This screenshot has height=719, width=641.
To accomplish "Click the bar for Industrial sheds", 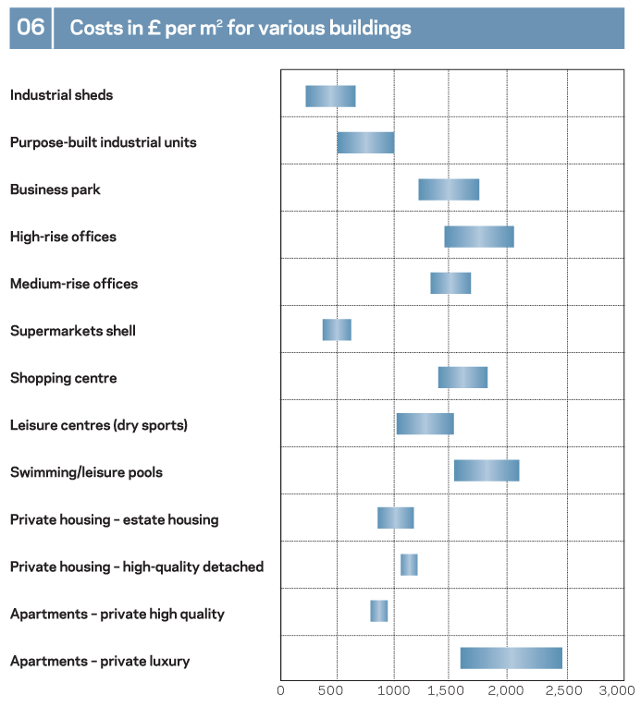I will [330, 95].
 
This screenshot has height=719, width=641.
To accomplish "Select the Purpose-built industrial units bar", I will [365, 142].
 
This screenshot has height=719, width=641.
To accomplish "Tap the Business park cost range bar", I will [449, 189].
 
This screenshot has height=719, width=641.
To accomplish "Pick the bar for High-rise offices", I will [479, 237].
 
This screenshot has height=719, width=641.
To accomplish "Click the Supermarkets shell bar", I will [337, 330].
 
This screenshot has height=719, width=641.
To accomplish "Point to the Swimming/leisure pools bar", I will [487, 470].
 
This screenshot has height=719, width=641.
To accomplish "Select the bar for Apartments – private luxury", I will [512, 658].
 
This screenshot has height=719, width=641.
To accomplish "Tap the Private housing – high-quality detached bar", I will [409, 564].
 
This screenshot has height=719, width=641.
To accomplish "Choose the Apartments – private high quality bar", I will [379, 611].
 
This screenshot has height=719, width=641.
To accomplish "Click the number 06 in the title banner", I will [31, 28].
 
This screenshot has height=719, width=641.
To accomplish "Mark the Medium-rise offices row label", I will [74, 284].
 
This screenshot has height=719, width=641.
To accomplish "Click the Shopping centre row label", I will [63, 378].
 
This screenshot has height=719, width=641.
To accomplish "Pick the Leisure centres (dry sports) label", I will [99, 425].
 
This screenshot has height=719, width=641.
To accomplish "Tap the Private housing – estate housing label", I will [114, 519].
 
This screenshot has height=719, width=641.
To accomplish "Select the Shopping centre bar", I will [462, 377].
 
